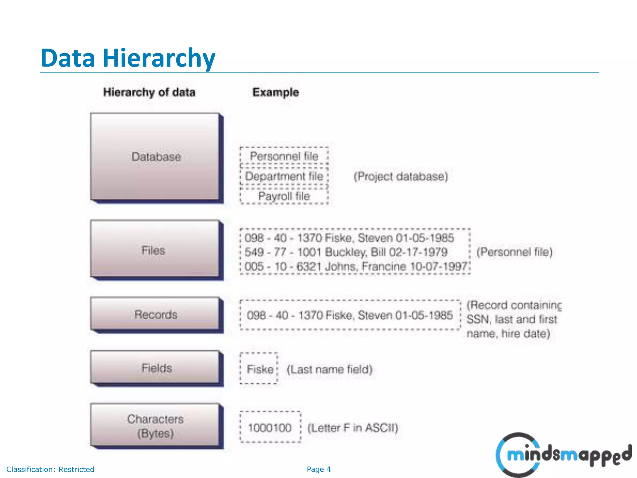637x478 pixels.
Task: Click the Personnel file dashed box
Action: [x=284, y=156]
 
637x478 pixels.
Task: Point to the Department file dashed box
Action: [x=284, y=176]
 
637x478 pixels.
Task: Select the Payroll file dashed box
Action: [x=284, y=196]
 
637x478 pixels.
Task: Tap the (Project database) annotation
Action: [x=401, y=176]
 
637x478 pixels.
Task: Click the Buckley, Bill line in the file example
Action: [x=346, y=252]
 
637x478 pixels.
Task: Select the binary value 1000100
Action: [x=270, y=428]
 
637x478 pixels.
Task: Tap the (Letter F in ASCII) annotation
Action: [x=353, y=428]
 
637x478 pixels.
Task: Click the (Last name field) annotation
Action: [x=329, y=369]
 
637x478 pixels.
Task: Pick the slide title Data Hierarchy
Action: [x=128, y=58]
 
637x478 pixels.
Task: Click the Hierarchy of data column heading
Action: [x=149, y=92]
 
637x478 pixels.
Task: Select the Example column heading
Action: [x=276, y=92]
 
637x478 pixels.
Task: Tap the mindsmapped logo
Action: [x=563, y=455]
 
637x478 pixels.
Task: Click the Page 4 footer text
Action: [x=318, y=469]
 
